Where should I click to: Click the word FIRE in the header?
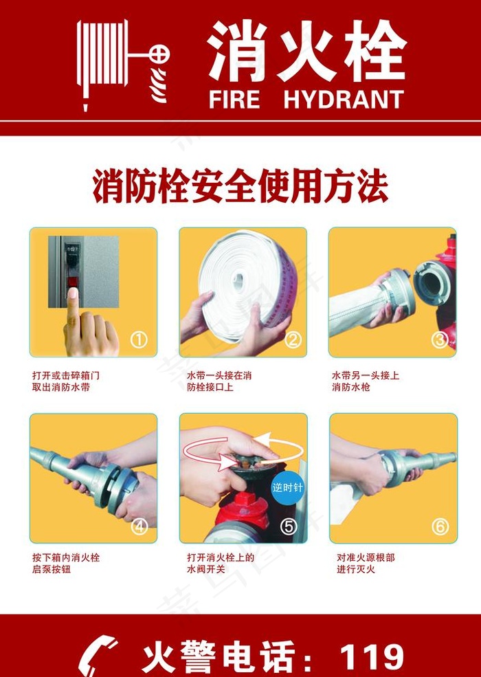click(234, 100)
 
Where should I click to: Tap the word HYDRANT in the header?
click(343, 100)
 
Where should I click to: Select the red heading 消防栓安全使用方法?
click(240, 187)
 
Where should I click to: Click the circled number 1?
click(139, 340)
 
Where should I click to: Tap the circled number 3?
click(440, 339)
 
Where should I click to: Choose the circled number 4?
click(139, 526)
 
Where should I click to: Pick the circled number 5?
click(289, 526)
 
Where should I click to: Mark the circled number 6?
click(440, 526)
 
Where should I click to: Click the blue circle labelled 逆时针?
click(287, 488)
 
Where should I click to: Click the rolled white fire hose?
click(245, 282)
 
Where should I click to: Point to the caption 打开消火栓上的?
click(220, 557)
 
